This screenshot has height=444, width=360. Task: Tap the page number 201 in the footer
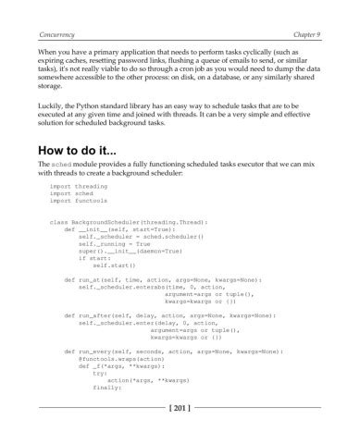[x=180, y=432]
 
